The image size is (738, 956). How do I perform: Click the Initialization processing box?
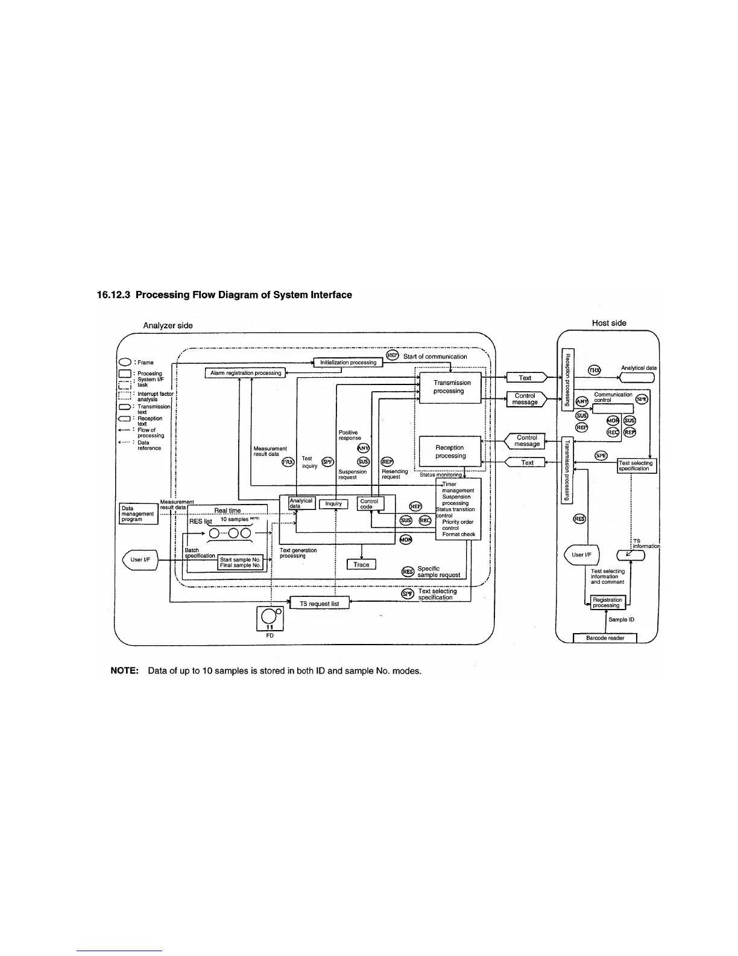348,362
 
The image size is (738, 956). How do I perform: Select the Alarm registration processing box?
245,373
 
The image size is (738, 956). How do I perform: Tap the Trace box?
361,564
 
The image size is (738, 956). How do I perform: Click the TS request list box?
319,604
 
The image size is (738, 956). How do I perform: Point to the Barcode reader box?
605,638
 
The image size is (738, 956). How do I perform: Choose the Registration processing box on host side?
607,602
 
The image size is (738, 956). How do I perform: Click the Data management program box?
138,514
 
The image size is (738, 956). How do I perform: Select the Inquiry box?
333,503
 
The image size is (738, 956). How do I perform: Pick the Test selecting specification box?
637,465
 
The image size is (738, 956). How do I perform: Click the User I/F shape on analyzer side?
140,559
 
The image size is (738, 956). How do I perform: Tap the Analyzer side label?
168,325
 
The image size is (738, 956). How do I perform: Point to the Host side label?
609,323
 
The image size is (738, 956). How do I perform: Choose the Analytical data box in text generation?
301,503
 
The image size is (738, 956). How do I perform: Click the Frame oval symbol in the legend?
125,362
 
